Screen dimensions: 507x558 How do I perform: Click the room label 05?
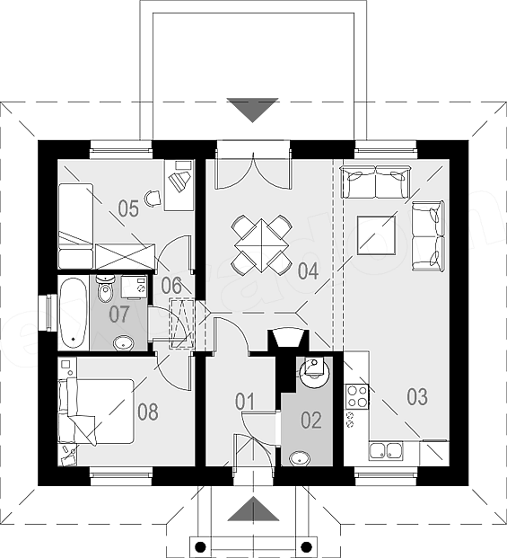128,208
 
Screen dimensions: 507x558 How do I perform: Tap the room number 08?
148,412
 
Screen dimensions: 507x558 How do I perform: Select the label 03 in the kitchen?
417,397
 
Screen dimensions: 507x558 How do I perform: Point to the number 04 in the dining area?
308,271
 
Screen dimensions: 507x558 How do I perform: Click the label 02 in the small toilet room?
311,420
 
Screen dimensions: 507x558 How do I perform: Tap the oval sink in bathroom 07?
123,343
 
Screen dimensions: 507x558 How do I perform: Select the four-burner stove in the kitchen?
357,397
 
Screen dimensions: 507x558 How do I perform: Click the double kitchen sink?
386,451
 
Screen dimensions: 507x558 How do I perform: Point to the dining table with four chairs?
261,245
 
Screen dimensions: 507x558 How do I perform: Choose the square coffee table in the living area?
376,235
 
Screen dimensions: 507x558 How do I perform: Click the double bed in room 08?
96,412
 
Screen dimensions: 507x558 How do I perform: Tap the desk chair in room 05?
153,198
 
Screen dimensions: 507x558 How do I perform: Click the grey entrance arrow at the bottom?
253,509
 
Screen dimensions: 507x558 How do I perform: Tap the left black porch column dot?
200,546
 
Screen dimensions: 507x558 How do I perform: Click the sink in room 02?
299,458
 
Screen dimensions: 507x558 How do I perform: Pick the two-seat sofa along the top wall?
376,182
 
